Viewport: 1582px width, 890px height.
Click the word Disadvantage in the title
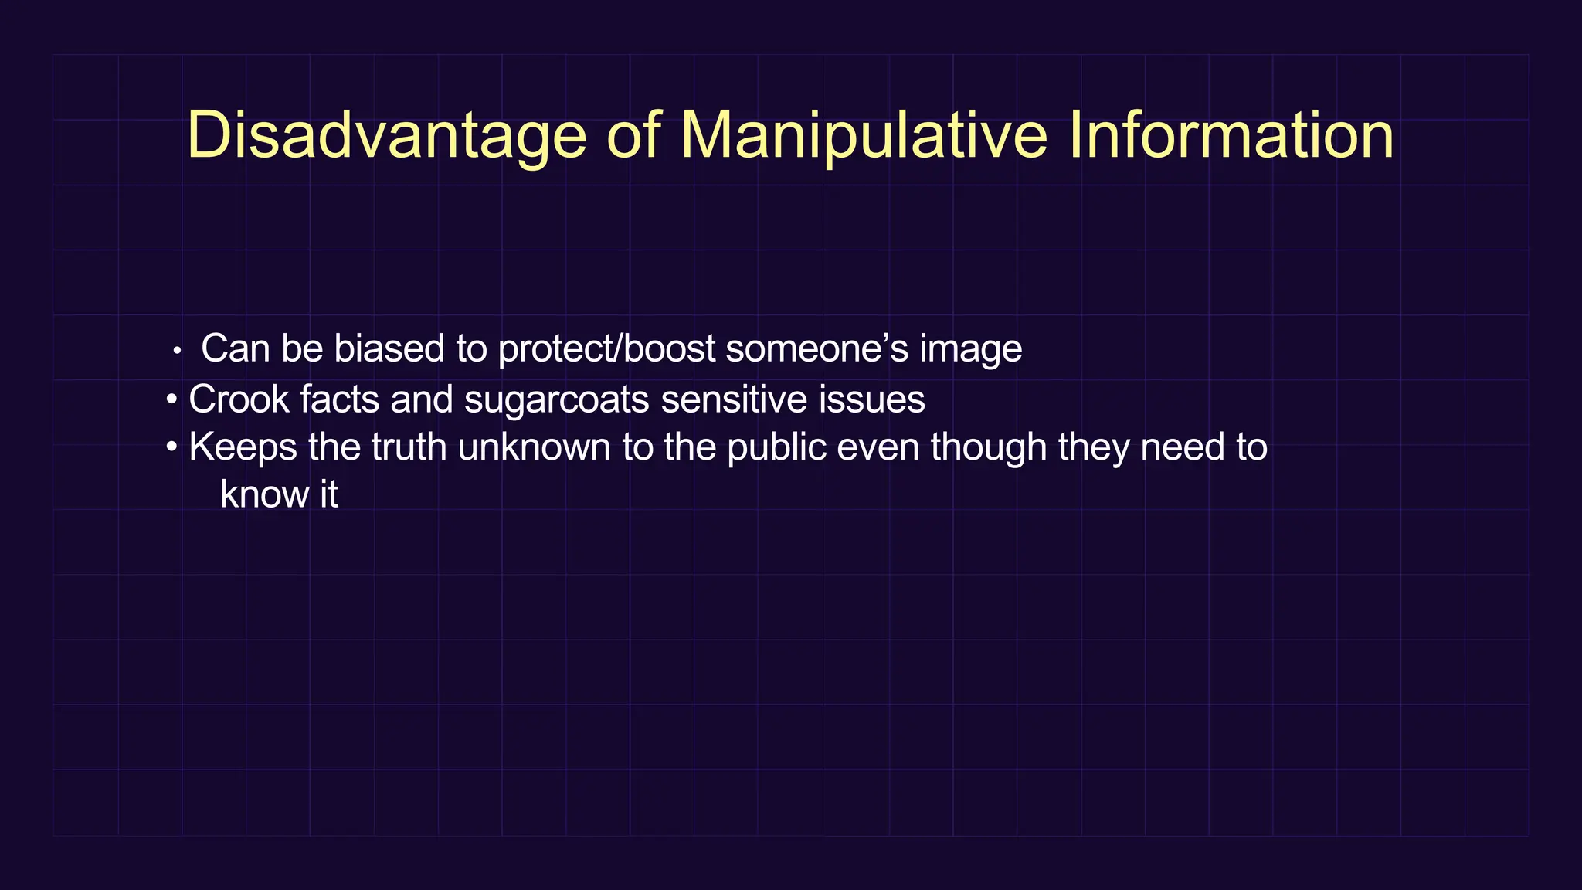pos(386,136)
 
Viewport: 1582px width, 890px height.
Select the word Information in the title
pos(1231,136)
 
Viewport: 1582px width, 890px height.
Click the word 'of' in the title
pos(633,136)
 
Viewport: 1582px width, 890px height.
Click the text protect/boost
pos(606,349)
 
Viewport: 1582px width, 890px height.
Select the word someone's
pos(817,348)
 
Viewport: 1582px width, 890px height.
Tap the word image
pos(970,350)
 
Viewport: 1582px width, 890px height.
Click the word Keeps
pos(243,448)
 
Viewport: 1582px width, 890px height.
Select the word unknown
pos(534,447)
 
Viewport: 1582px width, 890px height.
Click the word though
pos(988,448)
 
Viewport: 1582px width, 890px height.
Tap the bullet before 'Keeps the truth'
pos(171,448)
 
